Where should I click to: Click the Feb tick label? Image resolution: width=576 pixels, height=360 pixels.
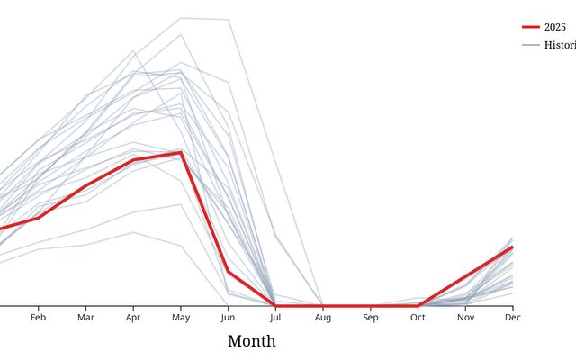click(38, 318)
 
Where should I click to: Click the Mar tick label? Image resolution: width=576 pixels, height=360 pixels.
click(85, 318)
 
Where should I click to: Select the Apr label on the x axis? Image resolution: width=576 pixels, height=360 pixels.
click(133, 318)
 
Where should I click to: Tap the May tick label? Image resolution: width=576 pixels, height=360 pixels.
click(181, 318)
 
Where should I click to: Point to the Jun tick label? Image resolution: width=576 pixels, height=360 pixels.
click(228, 318)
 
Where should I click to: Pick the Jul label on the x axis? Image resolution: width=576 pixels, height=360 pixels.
click(275, 318)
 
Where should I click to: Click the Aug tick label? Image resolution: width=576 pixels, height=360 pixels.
click(323, 318)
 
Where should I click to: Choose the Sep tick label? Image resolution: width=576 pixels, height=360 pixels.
click(371, 318)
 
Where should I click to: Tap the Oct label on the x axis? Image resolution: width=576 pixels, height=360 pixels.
click(418, 318)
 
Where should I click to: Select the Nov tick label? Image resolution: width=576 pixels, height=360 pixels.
click(465, 318)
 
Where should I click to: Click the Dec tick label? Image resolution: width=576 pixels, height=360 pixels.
click(512, 318)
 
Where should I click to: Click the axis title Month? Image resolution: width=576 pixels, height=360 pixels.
click(251, 341)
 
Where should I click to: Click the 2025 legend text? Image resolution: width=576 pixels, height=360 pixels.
click(555, 27)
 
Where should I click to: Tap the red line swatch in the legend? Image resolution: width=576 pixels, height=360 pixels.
click(530, 27)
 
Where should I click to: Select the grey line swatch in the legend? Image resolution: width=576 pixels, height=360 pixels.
click(530, 45)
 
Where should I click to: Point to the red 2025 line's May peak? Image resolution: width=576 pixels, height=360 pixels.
click(181, 152)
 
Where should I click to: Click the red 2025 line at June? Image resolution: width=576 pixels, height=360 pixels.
click(228, 271)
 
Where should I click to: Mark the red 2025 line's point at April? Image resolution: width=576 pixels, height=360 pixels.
click(133, 160)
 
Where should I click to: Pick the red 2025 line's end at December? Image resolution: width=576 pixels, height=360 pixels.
click(512, 247)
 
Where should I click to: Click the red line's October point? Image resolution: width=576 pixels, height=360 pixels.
click(418, 306)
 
